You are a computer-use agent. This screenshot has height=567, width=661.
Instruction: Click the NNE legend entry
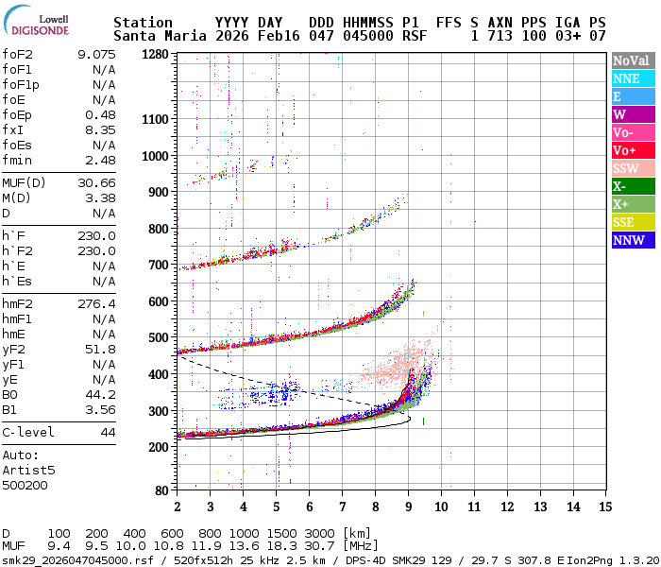click(626, 78)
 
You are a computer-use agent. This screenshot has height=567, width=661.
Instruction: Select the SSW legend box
click(626, 168)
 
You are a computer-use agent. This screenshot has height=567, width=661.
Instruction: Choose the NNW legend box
click(626, 240)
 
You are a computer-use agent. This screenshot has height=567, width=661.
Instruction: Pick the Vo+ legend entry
click(626, 150)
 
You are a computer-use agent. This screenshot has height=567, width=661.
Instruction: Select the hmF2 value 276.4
click(96, 303)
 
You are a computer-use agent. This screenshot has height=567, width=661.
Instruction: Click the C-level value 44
click(108, 432)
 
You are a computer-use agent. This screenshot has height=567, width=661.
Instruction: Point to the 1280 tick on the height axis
click(156, 55)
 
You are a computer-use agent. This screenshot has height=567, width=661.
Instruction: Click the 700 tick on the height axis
click(160, 265)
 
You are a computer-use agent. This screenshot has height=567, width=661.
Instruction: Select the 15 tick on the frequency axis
click(606, 506)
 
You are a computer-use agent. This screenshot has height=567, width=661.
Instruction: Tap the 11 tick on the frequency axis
click(474, 506)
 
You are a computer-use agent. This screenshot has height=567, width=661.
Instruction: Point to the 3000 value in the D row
click(321, 534)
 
